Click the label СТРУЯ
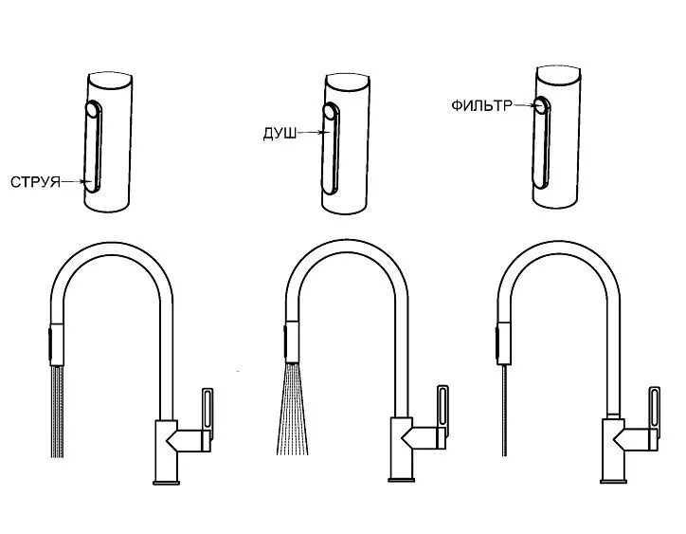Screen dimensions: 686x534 coord(35,182)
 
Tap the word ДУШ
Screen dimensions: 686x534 coord(280,134)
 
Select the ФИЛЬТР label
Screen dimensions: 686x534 coord(481,105)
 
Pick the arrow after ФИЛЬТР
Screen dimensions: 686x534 coord(524,105)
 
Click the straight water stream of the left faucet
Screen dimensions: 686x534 coord(57,412)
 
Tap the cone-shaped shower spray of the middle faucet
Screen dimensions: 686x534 coord(292,409)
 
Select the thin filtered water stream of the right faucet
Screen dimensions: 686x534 coord(505,410)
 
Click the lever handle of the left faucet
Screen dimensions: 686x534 coord(208,414)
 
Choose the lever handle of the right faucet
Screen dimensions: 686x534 coord(655,414)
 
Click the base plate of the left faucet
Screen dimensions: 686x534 coord(166,483)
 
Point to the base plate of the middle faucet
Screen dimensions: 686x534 coord(402,480)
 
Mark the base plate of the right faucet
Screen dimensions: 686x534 coord(613,482)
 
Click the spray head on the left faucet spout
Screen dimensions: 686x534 coord(57,344)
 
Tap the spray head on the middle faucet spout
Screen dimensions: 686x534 coord(292,342)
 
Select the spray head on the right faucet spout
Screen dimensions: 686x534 coord(503,343)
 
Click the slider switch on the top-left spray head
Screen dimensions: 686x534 coord(93,146)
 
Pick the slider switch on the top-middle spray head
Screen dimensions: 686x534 coord(331,149)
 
